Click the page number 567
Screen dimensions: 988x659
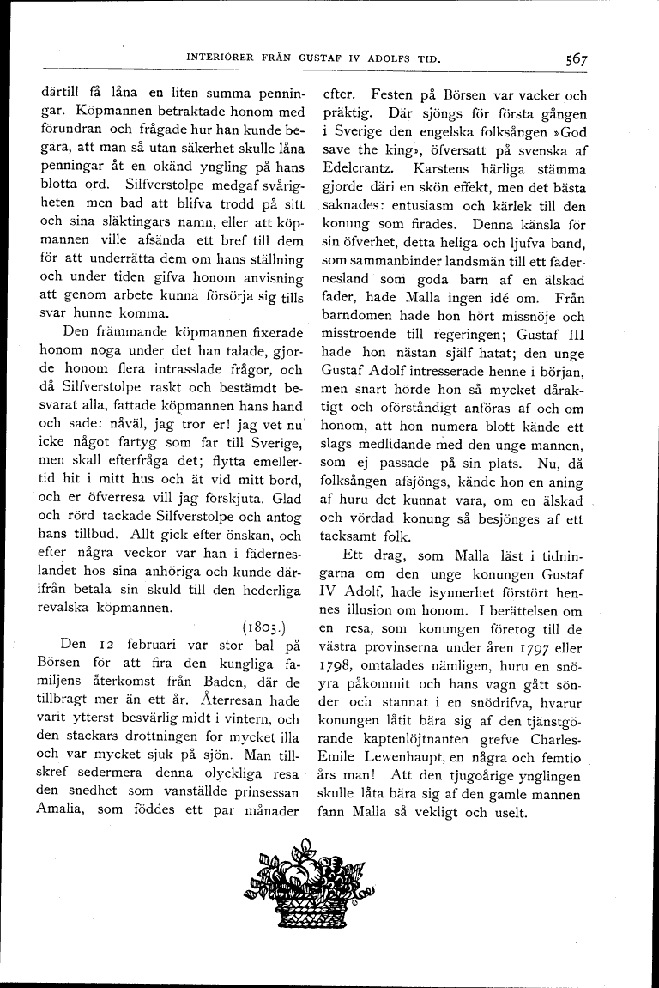tap(576, 59)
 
